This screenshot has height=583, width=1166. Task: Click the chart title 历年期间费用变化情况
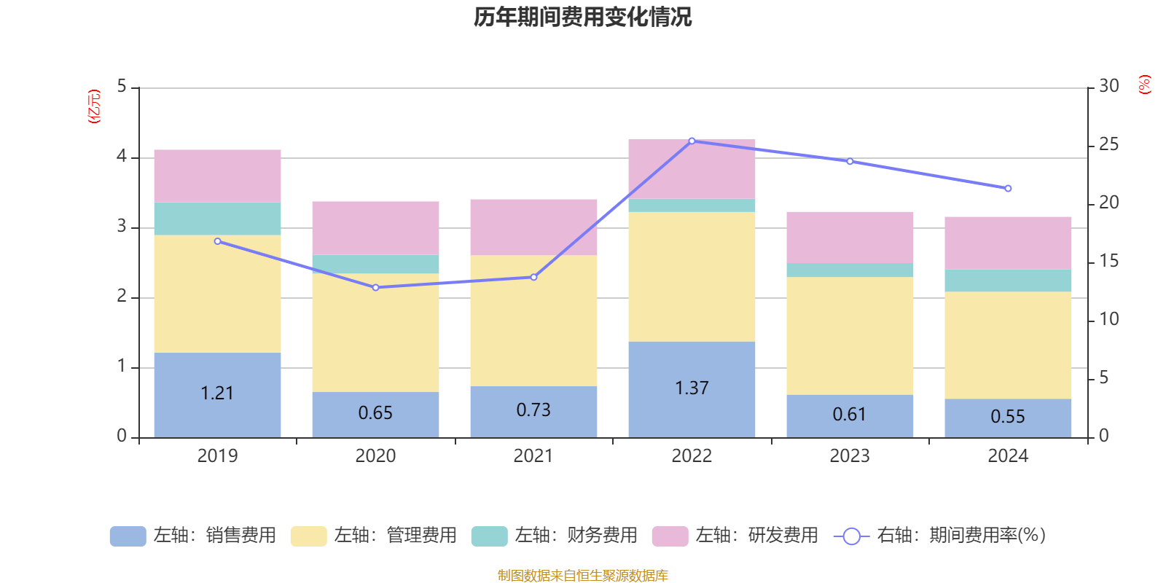coord(582,17)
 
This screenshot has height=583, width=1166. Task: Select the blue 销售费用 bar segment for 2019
coord(218,395)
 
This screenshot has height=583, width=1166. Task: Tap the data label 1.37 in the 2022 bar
coord(692,388)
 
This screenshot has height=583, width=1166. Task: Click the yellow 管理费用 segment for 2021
coord(533,321)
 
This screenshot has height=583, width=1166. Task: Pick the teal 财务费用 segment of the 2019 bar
coord(218,219)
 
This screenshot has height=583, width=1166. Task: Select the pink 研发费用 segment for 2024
coord(1008,243)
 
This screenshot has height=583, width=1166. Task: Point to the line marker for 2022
coord(692,141)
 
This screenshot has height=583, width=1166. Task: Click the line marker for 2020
coord(376,287)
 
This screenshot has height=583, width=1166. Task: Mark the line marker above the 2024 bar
coord(1008,189)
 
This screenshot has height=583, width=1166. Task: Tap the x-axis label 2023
coord(850,456)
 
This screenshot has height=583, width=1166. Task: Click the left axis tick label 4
coord(122,156)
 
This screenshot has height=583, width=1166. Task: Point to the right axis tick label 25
coord(1108,144)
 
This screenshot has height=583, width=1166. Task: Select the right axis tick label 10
coord(1108,319)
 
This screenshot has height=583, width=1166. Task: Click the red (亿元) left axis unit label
coord(94,106)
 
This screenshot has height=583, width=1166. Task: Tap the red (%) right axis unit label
coord(1144,85)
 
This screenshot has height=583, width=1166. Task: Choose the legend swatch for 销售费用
coord(128,536)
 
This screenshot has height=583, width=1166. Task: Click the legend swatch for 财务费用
coord(489,536)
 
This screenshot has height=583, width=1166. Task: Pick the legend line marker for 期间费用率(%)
coord(852,536)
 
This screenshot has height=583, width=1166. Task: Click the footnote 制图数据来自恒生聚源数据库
coord(582,575)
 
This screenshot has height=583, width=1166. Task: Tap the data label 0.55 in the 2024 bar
coord(1008,416)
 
